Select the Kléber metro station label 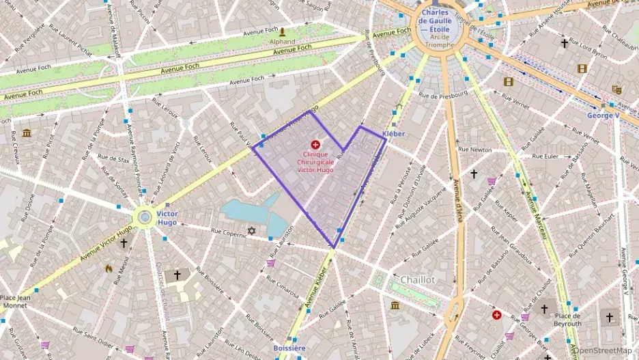(x=394, y=133)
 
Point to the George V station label (x=603, y=115)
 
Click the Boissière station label (x=289, y=348)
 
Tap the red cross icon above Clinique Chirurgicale (x=315, y=144)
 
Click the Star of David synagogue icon (x=251, y=231)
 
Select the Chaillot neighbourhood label (x=418, y=279)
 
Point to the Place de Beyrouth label (x=567, y=320)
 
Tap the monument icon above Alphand (x=283, y=31)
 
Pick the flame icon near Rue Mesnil (x=109, y=268)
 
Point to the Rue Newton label (x=474, y=149)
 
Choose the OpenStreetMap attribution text (x=603, y=350)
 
